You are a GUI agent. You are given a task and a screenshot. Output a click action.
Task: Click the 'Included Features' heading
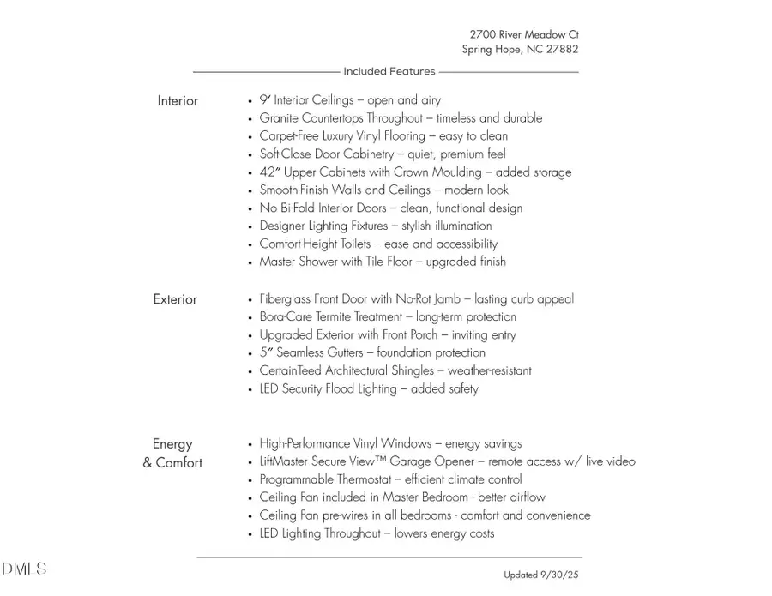pos(389,71)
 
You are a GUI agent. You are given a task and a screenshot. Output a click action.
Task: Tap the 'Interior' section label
pos(178,101)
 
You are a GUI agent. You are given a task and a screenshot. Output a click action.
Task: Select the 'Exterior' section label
pos(175,299)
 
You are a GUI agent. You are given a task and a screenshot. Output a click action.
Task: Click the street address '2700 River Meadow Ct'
pos(524,34)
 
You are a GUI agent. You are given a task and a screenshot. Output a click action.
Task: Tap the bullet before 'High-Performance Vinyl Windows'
pos(250,444)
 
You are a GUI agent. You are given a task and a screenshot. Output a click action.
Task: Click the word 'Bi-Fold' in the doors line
pos(297,208)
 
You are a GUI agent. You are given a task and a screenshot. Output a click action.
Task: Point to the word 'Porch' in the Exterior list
pos(420,335)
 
